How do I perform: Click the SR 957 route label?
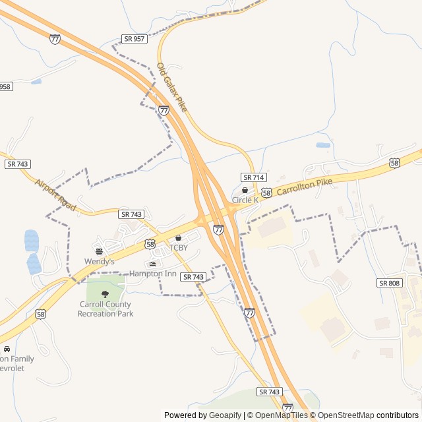tap(134, 39)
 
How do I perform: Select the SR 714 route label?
tap(253, 177)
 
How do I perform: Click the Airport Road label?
tap(56, 195)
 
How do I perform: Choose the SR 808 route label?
tap(390, 282)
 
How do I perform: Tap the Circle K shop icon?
tap(245, 190)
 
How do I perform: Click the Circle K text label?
tap(245, 200)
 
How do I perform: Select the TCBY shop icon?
tap(178, 237)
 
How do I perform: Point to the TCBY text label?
tap(178, 247)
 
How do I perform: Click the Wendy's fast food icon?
tap(99, 251)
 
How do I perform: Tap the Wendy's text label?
tap(99, 262)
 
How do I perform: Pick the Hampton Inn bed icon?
tap(153, 264)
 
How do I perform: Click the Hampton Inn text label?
tap(153, 273)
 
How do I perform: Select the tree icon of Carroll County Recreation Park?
tap(105, 294)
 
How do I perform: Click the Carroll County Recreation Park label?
tap(105, 309)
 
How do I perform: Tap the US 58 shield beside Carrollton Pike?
tap(266, 193)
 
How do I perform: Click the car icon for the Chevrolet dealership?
tap(7, 348)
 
